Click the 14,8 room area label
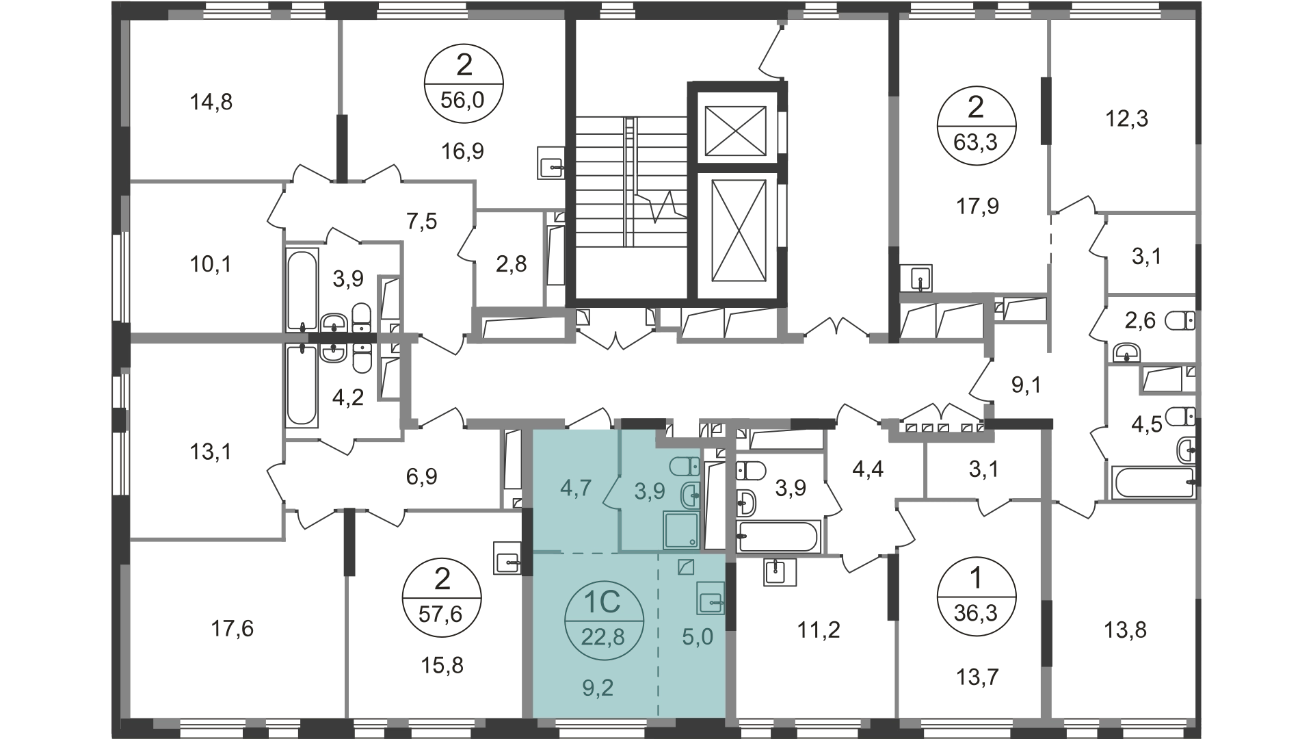tap(211, 103)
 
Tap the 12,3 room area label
tap(1126, 120)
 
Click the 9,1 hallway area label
tap(1026, 385)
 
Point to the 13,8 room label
tap(1125, 628)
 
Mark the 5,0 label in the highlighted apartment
tap(698, 637)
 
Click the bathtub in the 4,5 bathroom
tap(1153, 483)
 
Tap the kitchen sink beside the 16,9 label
tap(551, 163)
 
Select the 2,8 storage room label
tap(512, 264)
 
